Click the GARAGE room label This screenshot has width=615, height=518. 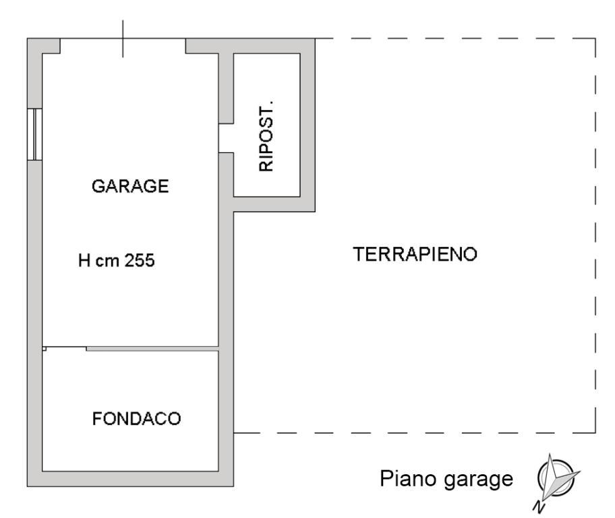click(130, 187)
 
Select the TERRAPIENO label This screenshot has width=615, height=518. click(415, 254)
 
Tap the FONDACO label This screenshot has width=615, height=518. click(136, 419)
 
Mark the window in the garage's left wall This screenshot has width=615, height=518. click(34, 134)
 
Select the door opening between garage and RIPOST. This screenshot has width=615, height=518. click(226, 138)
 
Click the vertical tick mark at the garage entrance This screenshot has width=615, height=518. click(123, 38)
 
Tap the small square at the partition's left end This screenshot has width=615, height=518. click(45, 349)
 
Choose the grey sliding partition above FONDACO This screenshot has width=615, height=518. click(152, 348)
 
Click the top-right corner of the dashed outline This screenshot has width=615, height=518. click(595, 38)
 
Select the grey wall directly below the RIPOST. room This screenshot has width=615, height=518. click(274, 204)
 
